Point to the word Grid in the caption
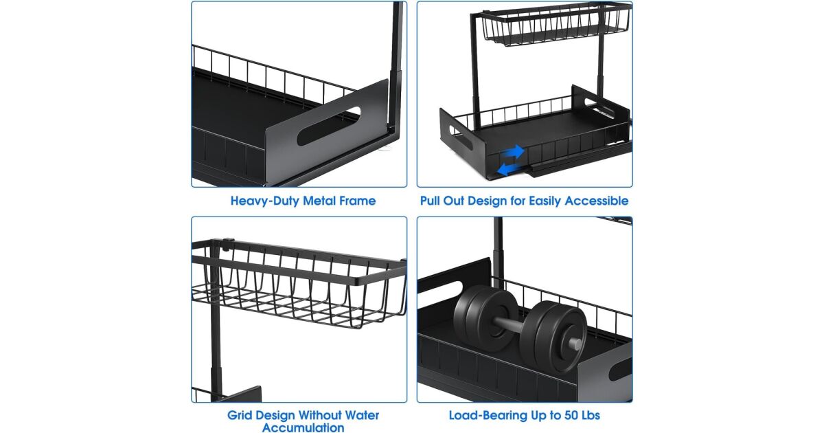coord(241,415)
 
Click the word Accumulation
coord(303,428)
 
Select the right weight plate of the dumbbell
coord(556,335)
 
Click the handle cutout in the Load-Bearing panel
coord(619,368)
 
